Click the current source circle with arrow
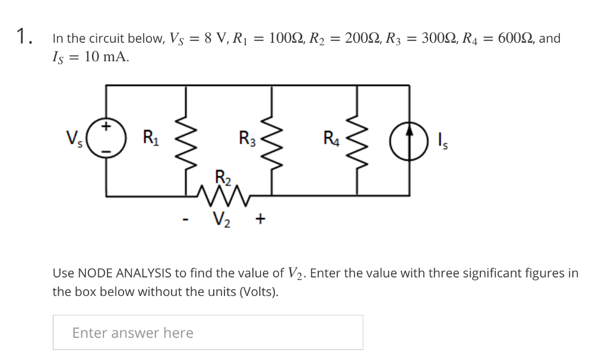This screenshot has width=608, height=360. click(x=409, y=140)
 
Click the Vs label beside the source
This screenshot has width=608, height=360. click(x=74, y=140)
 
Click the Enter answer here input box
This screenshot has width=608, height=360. click(x=208, y=333)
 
